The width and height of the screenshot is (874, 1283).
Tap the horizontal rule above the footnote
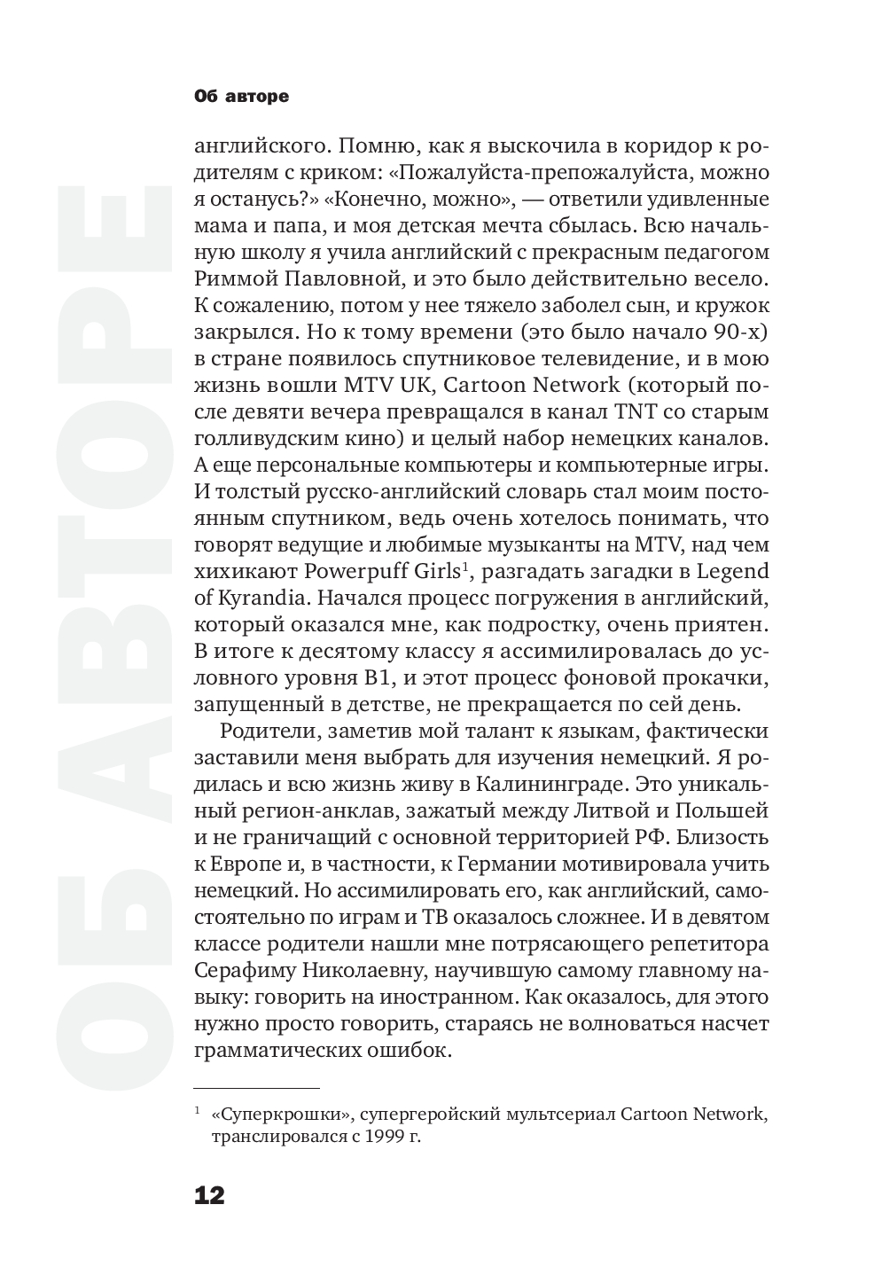[x=256, y=1087]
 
